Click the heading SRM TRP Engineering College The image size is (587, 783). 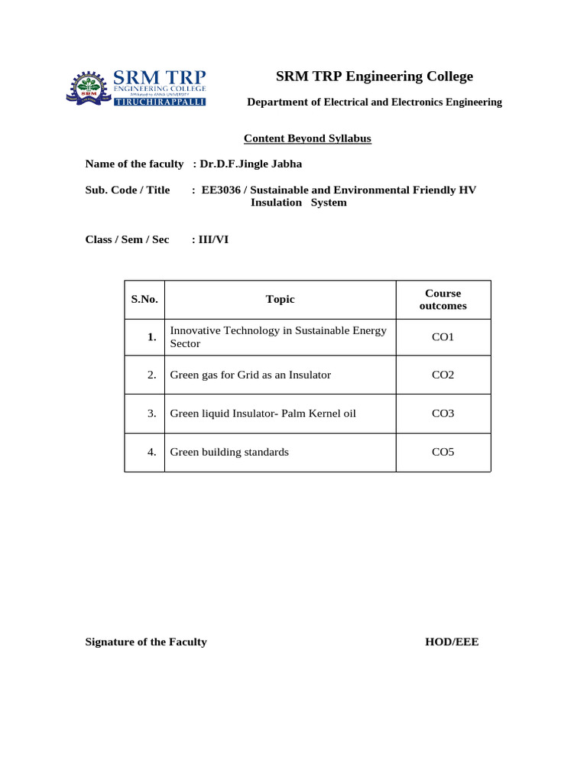[375, 76]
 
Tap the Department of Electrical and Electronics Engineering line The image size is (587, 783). [374, 102]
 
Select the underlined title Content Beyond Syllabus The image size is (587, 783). [307, 138]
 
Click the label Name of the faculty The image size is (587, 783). [135, 164]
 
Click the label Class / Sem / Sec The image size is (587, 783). [127, 239]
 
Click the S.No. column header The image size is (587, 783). [144, 300]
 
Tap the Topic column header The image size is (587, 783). [280, 300]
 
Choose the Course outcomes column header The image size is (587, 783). [443, 300]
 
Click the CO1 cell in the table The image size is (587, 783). [443, 337]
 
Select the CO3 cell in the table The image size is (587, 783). [443, 414]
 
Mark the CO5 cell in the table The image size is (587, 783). [443, 452]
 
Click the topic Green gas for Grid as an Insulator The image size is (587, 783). [250, 375]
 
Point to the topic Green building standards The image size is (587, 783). [229, 452]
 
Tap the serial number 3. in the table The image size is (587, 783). [152, 414]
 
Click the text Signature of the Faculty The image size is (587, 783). [146, 642]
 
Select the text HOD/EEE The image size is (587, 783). [452, 642]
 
